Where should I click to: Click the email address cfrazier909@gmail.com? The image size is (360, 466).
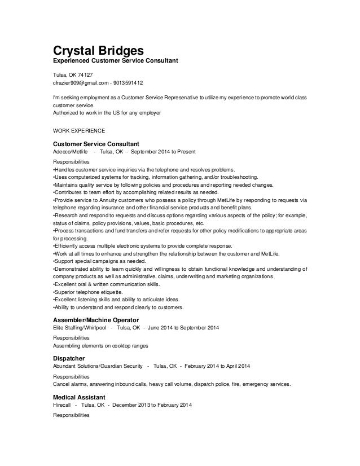(x=80, y=82)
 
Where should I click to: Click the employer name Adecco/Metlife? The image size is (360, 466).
(x=70, y=152)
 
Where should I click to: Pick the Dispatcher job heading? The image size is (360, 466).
(x=69, y=358)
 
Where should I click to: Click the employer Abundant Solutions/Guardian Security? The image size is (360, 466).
(x=95, y=367)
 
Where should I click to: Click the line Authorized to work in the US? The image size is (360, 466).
(x=106, y=113)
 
